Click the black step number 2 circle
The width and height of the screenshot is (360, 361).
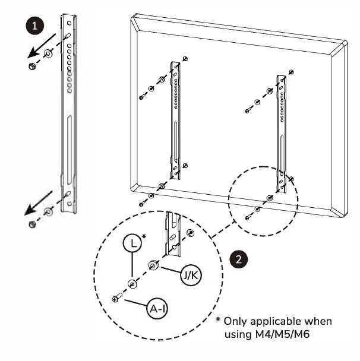pos(238,259)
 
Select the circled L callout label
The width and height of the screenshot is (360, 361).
pos(132,243)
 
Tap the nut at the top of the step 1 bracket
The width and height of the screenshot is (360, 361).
pos(31,65)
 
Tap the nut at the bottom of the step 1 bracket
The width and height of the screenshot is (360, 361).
pos(31,224)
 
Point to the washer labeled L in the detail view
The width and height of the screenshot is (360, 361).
pos(132,284)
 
